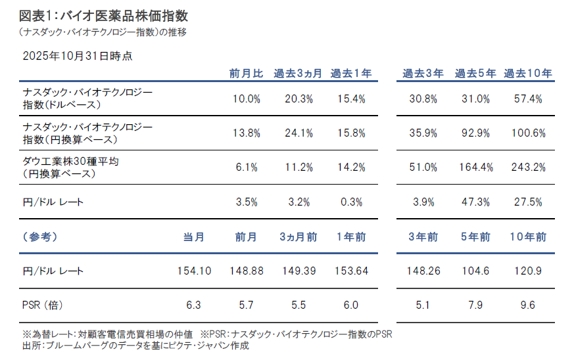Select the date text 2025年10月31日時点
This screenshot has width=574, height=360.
click(77, 56)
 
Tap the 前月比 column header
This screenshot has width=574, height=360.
click(247, 74)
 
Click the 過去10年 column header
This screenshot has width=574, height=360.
click(527, 74)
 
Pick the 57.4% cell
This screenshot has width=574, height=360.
click(529, 99)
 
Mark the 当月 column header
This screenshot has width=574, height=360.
click(195, 236)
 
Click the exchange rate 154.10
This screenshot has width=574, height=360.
click(195, 271)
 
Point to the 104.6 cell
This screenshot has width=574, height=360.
click(475, 271)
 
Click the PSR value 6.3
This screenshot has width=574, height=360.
click(195, 305)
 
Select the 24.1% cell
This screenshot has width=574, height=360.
click(299, 133)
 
